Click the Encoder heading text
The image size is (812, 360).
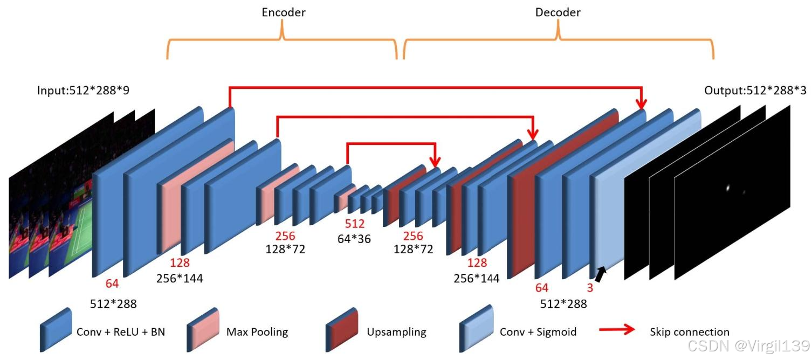(284, 12)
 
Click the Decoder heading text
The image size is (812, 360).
(558, 12)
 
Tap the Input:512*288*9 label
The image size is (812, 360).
(83, 91)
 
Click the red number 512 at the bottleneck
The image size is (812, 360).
(355, 224)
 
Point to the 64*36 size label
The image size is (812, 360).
(354, 238)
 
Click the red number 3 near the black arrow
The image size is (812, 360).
(590, 288)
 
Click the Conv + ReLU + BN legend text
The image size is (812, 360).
(121, 332)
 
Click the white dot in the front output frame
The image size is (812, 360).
(728, 188)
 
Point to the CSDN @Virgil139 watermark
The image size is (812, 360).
(748, 345)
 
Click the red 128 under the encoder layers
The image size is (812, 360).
(180, 264)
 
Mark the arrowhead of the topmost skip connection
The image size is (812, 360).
(641, 104)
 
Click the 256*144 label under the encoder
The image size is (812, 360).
(180, 278)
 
